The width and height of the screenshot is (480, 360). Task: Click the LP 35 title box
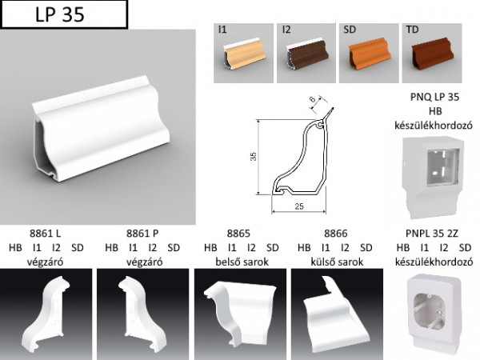(64, 14)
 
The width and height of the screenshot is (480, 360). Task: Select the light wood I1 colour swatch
(243, 53)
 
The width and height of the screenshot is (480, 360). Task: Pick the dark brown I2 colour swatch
(306, 53)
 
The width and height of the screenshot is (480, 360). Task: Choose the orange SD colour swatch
(369, 53)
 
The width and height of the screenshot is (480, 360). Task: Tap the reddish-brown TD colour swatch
(432, 53)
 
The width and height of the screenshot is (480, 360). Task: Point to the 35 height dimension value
(253, 157)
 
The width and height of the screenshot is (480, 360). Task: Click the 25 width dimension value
(299, 206)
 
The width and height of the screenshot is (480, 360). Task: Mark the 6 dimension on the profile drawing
(312, 99)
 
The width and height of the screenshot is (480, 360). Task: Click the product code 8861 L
(46, 234)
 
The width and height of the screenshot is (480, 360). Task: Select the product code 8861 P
(142, 234)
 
